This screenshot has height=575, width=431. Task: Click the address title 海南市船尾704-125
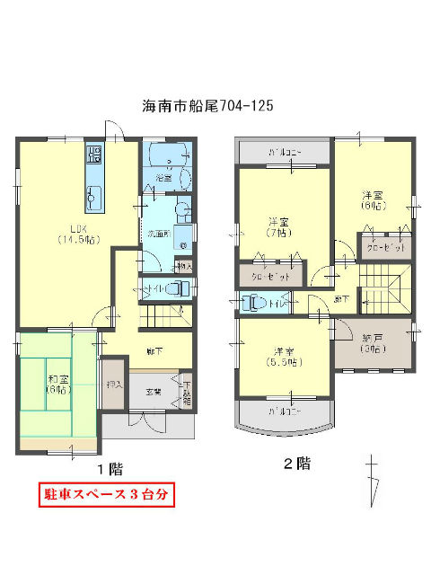click(207, 106)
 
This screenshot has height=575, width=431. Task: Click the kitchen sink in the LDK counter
click(93, 191)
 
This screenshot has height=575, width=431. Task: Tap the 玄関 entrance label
click(154, 392)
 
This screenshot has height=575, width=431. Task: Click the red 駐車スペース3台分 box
click(106, 494)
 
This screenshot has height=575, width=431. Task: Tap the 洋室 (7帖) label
click(277, 227)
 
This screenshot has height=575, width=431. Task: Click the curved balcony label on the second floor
click(286, 412)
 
